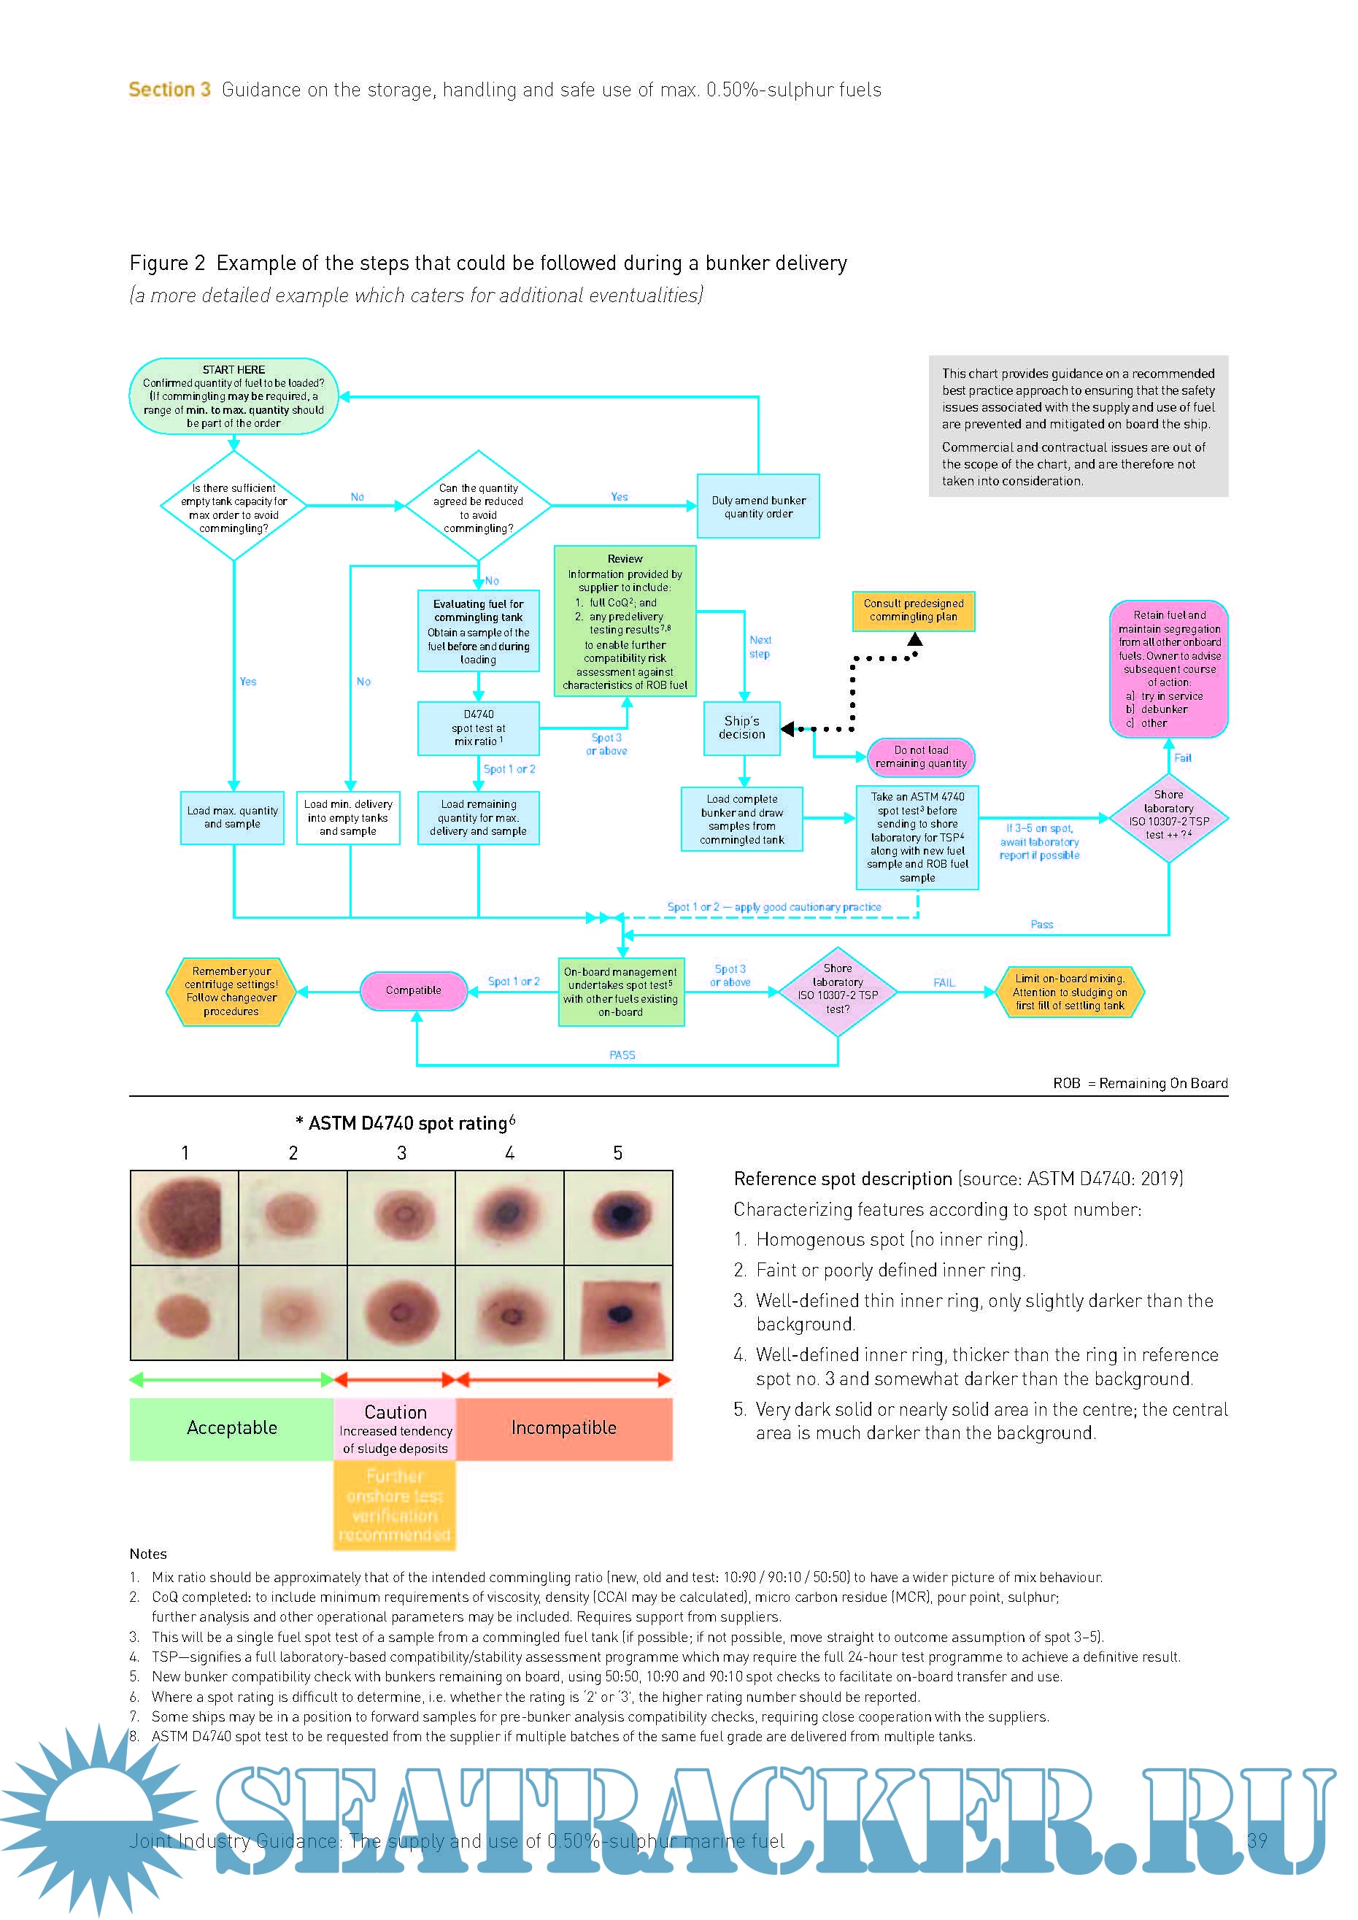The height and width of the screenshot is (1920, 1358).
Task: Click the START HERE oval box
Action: point(234,396)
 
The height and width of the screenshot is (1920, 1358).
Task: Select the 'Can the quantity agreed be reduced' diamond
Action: point(478,506)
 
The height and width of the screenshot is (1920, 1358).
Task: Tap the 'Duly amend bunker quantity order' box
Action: point(757,506)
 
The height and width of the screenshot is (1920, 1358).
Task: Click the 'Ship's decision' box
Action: point(741,728)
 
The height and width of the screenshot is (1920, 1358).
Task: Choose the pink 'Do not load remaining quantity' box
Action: point(921,757)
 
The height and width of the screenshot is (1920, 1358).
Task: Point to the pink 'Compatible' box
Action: point(413,990)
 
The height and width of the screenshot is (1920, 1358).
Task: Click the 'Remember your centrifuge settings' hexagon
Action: point(231,992)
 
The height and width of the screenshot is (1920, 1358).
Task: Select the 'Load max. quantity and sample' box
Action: point(233,817)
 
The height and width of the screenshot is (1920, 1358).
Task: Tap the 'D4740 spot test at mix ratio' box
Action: point(478,728)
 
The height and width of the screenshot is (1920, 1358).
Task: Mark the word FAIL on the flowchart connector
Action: point(944,982)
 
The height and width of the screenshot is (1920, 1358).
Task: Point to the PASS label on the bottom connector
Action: point(622,1055)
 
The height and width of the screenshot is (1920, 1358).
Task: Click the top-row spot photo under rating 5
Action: point(618,1217)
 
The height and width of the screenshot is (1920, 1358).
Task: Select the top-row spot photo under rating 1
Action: point(184,1217)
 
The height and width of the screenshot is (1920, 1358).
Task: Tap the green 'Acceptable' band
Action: point(231,1428)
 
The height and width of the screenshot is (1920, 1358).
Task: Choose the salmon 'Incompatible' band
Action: point(563,1428)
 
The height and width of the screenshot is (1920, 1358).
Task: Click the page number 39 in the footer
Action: point(1256,1840)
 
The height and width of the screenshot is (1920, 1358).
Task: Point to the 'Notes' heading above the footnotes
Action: point(148,1554)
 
